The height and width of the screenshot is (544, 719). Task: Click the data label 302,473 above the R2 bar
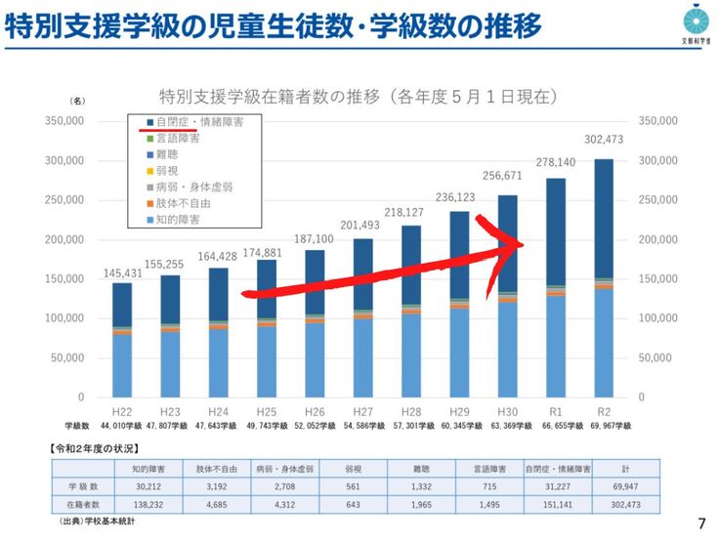(x=603, y=139)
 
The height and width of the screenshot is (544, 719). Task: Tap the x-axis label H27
(x=362, y=412)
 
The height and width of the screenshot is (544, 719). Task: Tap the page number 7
(x=700, y=523)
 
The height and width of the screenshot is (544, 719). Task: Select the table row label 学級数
(x=83, y=484)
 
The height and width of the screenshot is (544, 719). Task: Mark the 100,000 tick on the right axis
(x=656, y=318)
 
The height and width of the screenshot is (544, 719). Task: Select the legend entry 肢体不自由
(x=183, y=204)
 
